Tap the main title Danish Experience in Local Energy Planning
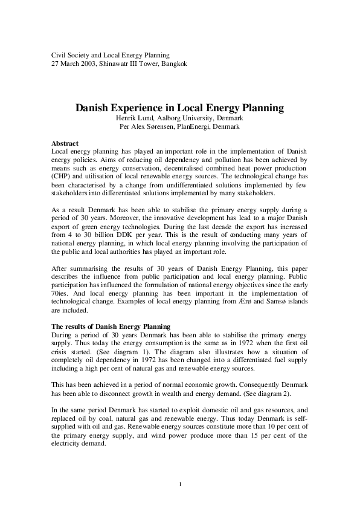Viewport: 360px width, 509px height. point(179,108)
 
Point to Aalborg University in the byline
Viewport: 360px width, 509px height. point(188,118)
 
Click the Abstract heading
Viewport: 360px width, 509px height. point(65,143)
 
